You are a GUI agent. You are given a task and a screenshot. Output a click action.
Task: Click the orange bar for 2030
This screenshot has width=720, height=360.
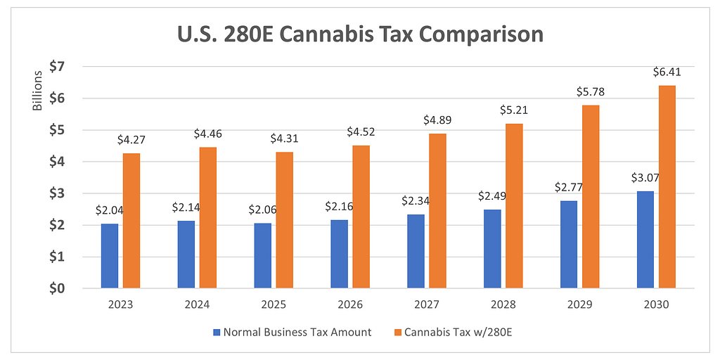(x=667, y=186)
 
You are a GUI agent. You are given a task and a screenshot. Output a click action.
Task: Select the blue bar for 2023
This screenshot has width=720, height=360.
(x=110, y=256)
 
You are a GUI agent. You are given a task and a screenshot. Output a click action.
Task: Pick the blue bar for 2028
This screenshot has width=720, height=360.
(x=493, y=249)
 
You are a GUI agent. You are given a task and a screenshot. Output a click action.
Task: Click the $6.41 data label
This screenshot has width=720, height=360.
(x=667, y=72)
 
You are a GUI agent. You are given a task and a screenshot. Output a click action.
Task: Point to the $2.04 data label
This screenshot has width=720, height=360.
(x=110, y=210)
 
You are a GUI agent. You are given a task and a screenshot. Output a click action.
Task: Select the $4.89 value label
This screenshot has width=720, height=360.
(x=437, y=120)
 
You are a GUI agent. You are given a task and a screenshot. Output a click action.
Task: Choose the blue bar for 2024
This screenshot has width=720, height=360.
(x=186, y=255)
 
